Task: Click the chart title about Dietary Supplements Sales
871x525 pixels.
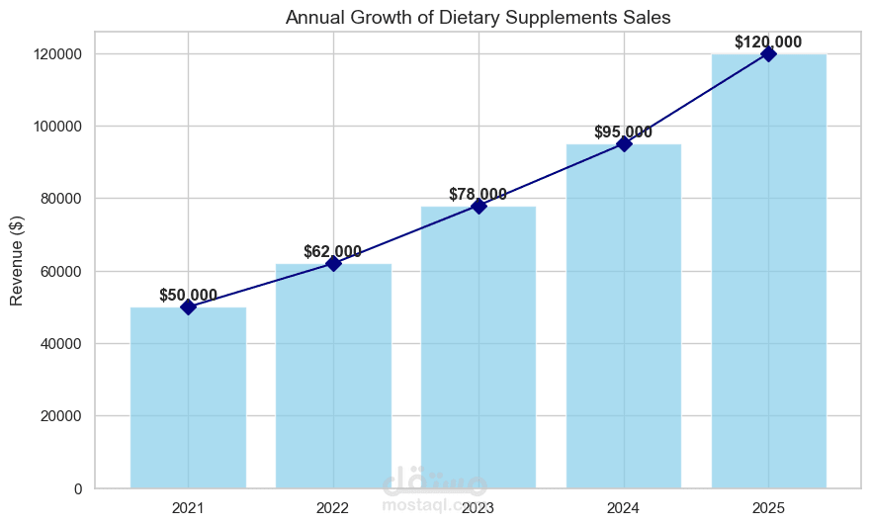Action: pyautogui.click(x=478, y=16)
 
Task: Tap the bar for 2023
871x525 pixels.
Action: pyautogui.click(x=479, y=347)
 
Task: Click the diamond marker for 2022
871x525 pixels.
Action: pyautogui.click(x=333, y=264)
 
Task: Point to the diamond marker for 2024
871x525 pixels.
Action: pyautogui.click(x=624, y=144)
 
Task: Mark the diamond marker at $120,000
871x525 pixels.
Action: pyautogui.click(x=768, y=53)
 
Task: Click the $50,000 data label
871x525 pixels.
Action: pyautogui.click(x=188, y=295)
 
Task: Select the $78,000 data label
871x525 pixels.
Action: pyautogui.click(x=479, y=194)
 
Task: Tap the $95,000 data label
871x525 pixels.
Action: pyautogui.click(x=623, y=132)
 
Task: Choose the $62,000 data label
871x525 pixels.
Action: pyautogui.click(x=332, y=251)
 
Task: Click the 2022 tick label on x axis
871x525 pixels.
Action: pyautogui.click(x=333, y=508)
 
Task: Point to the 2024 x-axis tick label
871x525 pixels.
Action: pyautogui.click(x=624, y=508)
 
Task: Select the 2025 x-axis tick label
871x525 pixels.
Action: pyautogui.click(x=768, y=508)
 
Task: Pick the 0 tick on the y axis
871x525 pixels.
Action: pyautogui.click(x=78, y=488)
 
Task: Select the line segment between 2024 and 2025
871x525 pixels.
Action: pyautogui.click(x=696, y=99)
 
